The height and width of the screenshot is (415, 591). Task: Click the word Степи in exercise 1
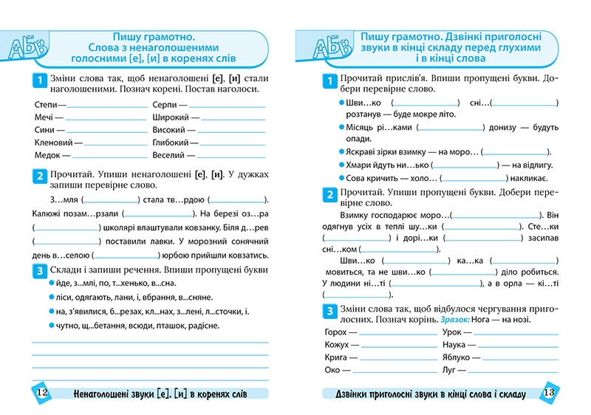click(46, 104)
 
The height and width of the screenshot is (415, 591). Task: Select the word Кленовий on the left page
click(53, 143)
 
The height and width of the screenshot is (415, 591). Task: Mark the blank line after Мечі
click(106, 119)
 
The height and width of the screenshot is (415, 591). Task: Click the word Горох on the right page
click(336, 332)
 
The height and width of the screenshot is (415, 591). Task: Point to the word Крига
click(335, 357)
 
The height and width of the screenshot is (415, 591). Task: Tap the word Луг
click(449, 370)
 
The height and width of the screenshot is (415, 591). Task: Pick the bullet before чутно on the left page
click(52, 326)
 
